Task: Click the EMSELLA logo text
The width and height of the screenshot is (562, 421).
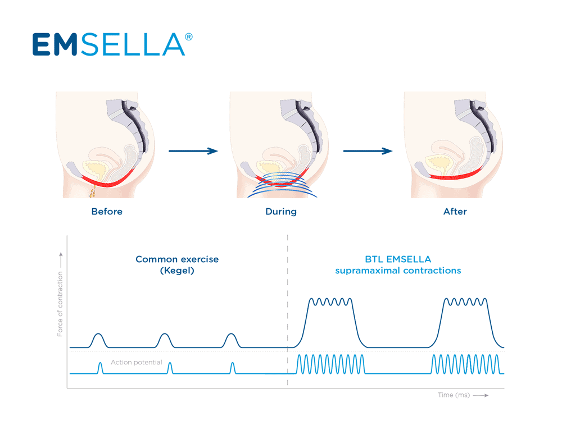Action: pos(108,44)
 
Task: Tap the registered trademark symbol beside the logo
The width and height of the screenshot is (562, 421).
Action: pos(189,36)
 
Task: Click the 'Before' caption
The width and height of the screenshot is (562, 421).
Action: pos(107,212)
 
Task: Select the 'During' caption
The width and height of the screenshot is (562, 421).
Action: pos(281,212)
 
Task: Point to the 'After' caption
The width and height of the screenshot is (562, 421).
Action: pos(455,212)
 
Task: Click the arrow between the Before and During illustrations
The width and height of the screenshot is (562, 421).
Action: pos(193,150)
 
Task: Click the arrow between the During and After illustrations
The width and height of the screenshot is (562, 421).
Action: pos(368,150)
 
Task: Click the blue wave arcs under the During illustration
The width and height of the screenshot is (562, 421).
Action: pos(281,189)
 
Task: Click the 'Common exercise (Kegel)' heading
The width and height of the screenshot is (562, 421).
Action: pos(177,265)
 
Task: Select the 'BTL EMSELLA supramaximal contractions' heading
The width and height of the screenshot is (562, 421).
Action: pos(398,265)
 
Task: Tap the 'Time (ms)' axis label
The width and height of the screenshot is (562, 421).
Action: pos(454,395)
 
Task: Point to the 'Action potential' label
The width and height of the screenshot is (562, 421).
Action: pos(137,363)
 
